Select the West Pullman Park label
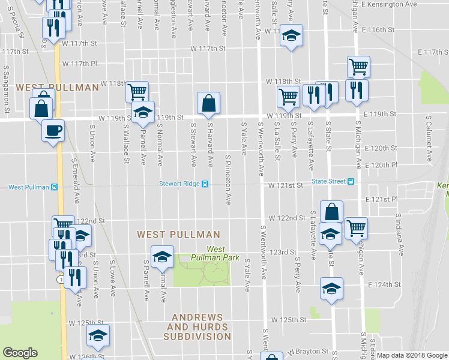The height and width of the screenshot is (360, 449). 207,253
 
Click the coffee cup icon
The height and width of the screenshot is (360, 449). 53,130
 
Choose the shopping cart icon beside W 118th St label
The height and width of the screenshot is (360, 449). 137,92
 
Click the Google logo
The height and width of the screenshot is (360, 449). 20,353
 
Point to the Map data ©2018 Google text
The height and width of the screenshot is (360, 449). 412,356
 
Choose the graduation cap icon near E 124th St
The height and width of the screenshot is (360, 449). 331,288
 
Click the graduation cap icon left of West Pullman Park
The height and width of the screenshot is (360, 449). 161,257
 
